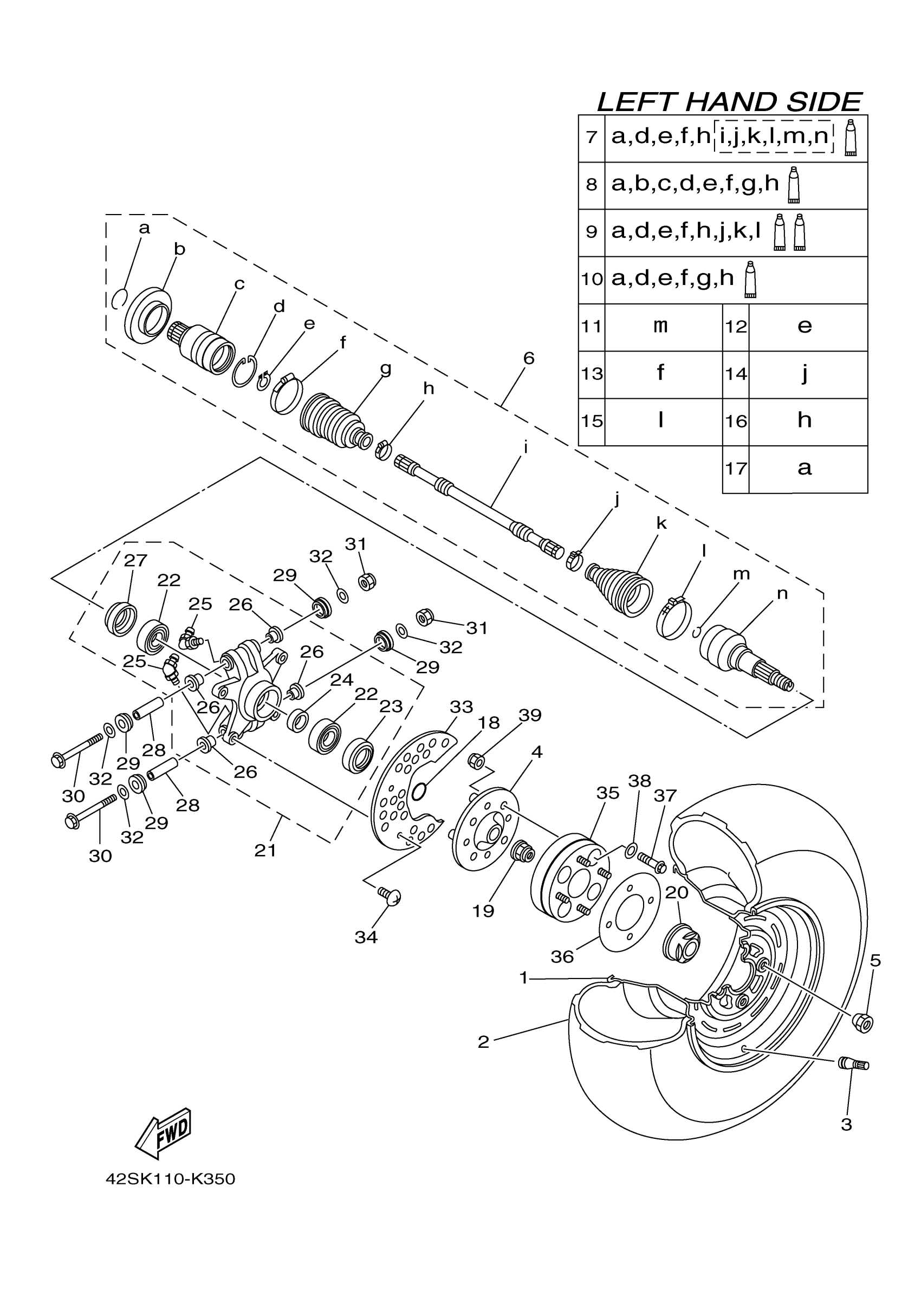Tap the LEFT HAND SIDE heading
pos(729,102)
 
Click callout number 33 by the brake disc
pos(461,707)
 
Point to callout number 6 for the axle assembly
pos(528,358)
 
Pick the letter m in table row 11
pos(660,326)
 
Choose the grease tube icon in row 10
pos(751,279)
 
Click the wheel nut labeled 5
pos(862,1021)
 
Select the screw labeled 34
pos(391,896)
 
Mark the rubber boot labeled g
pos(332,418)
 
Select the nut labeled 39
pos(477,760)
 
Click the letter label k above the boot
pos(661,523)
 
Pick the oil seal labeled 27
pos(121,619)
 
